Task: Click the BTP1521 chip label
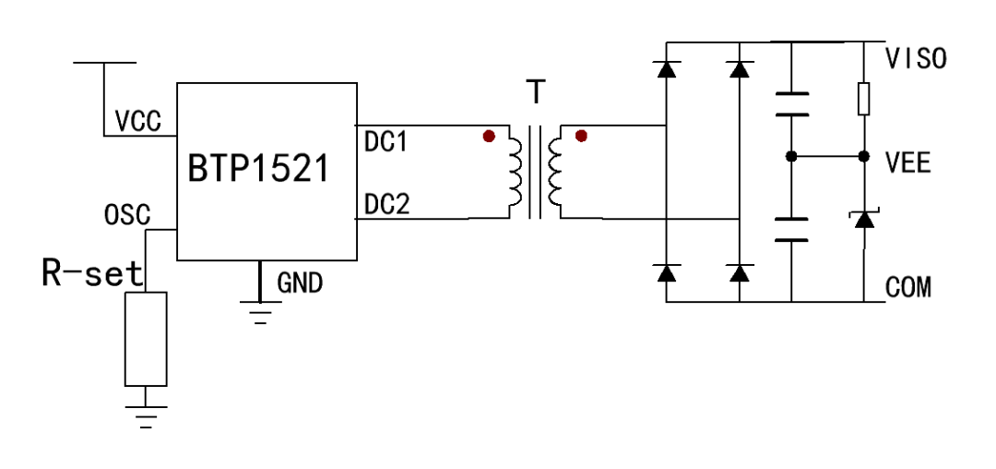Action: tap(257, 170)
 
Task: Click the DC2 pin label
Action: tap(386, 205)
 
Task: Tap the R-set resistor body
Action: tap(146, 338)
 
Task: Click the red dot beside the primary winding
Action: tap(489, 137)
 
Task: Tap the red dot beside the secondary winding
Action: tap(581, 137)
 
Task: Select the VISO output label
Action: tap(915, 59)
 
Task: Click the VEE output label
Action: tap(907, 165)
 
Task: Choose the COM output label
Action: tap(907, 288)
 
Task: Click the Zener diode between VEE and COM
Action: tap(864, 219)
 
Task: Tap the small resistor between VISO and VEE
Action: tap(864, 99)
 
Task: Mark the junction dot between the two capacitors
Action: tap(791, 156)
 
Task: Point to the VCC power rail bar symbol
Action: tap(104, 63)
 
